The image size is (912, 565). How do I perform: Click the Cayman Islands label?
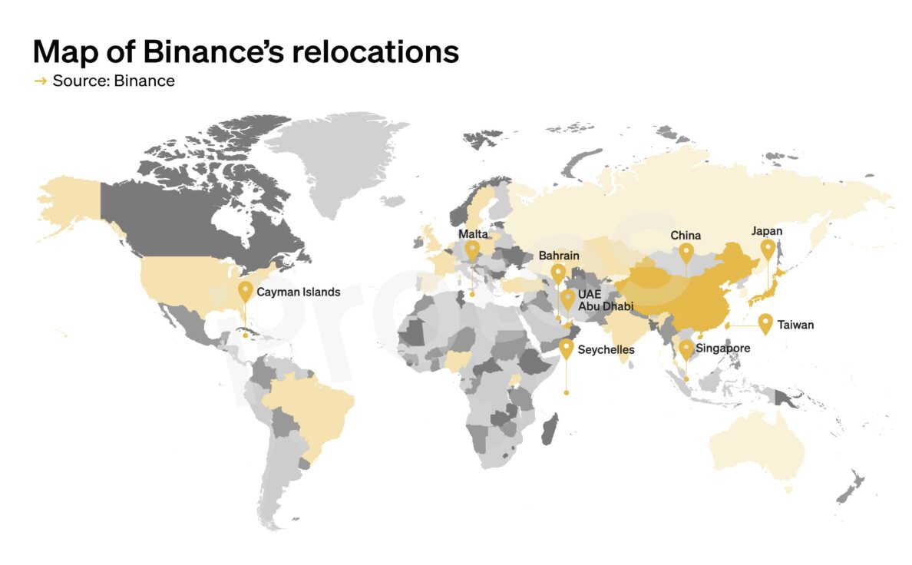point(298,292)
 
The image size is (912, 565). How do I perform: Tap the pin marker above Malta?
point(472,249)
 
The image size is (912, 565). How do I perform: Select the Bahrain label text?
point(559,255)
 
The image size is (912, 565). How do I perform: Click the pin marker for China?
point(686,252)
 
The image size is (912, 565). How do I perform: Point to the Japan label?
point(767,230)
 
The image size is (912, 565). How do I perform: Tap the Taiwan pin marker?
point(765,322)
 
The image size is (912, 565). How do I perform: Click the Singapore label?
point(722,349)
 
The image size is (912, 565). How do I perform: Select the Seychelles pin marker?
point(567,349)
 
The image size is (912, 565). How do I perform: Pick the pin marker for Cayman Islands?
point(245,291)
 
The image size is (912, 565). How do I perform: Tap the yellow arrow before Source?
point(41,81)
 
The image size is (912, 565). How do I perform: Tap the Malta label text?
point(473,233)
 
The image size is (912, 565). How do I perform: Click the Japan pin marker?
point(767,249)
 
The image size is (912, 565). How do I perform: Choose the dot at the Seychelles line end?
point(567,392)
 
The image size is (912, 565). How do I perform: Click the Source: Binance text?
point(114,81)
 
